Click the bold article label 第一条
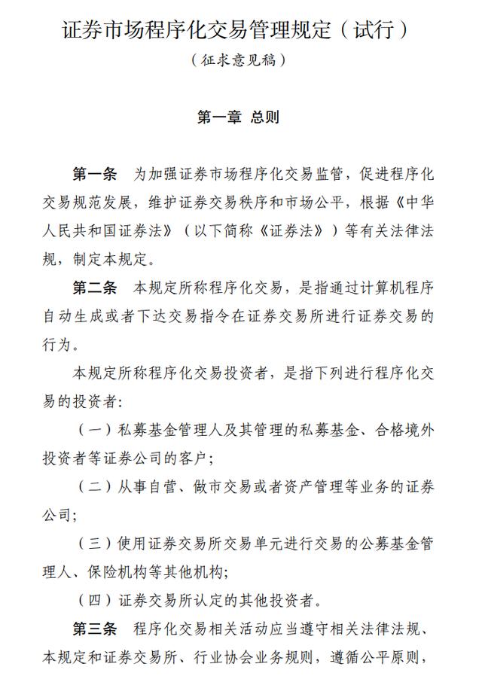(x=95, y=174)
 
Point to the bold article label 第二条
(x=95, y=288)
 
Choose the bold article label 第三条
(x=95, y=629)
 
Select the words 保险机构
(x=128, y=572)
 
